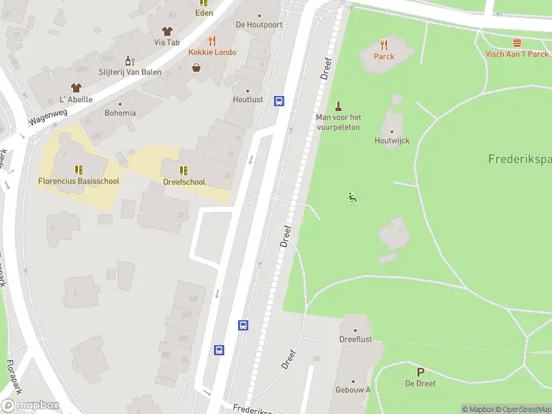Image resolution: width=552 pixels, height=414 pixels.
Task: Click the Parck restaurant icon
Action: click(x=384, y=44)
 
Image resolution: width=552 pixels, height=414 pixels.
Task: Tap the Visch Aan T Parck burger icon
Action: click(x=517, y=42)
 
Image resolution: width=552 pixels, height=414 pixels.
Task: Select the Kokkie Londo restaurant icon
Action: click(x=213, y=41)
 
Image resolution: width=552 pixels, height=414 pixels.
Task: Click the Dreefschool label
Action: click(x=184, y=182)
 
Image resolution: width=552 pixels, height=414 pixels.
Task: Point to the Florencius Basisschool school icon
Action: click(x=78, y=169)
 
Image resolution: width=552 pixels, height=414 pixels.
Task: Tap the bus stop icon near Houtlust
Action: click(x=279, y=101)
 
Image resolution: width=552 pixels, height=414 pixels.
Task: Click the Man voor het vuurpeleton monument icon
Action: click(x=338, y=106)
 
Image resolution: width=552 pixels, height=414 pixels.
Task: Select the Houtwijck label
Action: click(x=393, y=141)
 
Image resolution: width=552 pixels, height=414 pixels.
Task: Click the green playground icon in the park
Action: click(x=353, y=197)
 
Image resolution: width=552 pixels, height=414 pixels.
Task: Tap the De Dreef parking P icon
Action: click(x=420, y=371)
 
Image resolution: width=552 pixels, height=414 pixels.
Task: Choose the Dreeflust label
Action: click(x=355, y=339)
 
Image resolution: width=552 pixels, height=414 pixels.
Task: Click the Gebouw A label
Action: click(x=353, y=390)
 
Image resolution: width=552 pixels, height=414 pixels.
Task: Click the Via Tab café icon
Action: click(x=166, y=31)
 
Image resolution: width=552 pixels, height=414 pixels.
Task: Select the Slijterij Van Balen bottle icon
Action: click(x=127, y=61)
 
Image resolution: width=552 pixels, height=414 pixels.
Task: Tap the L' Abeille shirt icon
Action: click(x=76, y=88)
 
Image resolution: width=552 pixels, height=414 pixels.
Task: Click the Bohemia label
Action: click(x=120, y=113)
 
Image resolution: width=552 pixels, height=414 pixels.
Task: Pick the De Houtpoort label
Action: click(x=259, y=24)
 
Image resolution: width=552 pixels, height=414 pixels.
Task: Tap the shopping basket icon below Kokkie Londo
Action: click(x=197, y=68)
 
